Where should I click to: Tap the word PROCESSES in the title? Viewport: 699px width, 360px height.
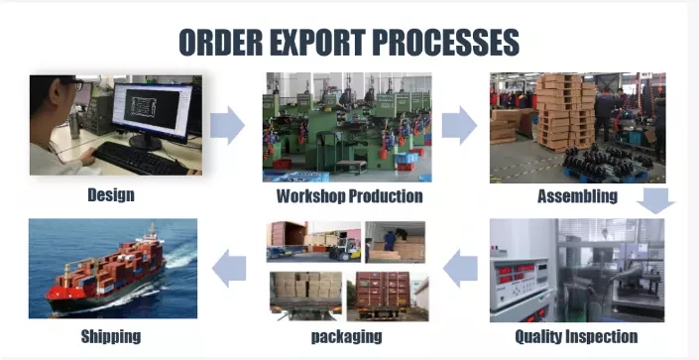click(x=445, y=43)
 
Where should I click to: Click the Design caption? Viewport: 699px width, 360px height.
click(x=111, y=195)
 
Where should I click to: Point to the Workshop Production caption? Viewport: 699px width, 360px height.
click(x=349, y=196)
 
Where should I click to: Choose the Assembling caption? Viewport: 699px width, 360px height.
click(x=577, y=196)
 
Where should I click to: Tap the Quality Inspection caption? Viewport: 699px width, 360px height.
click(x=576, y=336)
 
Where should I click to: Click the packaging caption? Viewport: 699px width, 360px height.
click(x=346, y=337)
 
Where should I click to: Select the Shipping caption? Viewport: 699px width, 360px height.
click(x=111, y=336)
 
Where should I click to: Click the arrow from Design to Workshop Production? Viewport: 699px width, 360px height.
click(x=227, y=125)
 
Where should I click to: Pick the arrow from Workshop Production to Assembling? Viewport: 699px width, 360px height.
click(x=460, y=125)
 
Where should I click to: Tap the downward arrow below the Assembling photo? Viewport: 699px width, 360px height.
click(x=655, y=200)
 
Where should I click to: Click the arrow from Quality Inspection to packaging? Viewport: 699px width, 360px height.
click(x=460, y=268)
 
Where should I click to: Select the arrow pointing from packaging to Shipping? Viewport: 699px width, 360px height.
click(x=229, y=268)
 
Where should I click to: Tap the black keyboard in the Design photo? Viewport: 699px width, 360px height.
click(x=139, y=160)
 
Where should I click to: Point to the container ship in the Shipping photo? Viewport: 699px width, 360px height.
click(x=106, y=272)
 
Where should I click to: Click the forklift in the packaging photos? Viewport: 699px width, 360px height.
click(x=344, y=250)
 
